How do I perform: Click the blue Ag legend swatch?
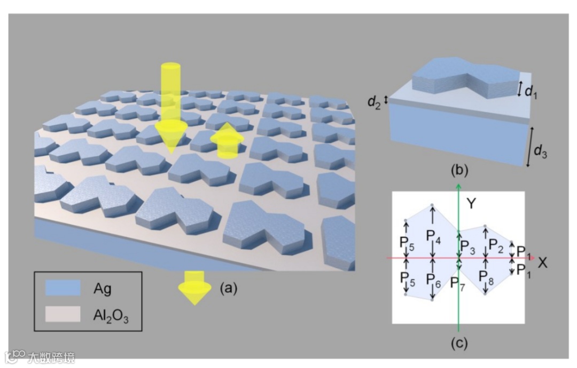pyautogui.click(x=62, y=288)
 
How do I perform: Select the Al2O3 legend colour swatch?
pyautogui.click(x=62, y=314)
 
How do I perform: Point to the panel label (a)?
pyautogui.click(x=228, y=288)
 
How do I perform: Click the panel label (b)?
pyautogui.click(x=459, y=172)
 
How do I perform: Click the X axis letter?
pyautogui.click(x=543, y=262)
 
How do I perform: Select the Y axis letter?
pyautogui.click(x=471, y=203)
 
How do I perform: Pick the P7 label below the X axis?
pyautogui.click(x=458, y=283)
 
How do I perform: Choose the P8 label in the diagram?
pyautogui.click(x=486, y=277)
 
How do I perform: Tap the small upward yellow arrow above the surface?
pyautogui.click(x=228, y=140)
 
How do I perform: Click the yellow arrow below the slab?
pyautogui.click(x=194, y=286)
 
